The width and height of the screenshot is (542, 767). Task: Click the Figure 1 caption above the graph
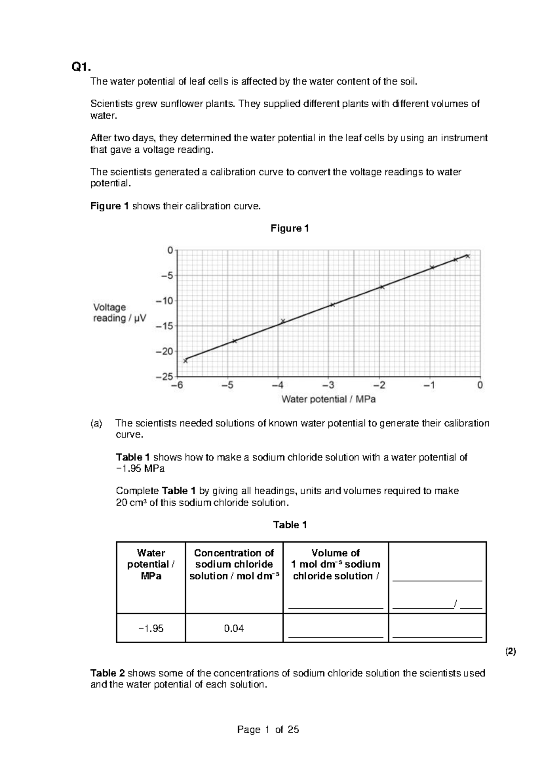[290, 228]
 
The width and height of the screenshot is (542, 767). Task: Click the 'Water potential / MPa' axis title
[328, 399]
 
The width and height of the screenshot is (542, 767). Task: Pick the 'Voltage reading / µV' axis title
[120, 313]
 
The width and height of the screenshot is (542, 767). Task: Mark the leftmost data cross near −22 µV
[185, 360]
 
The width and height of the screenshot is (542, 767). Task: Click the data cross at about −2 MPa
[382, 287]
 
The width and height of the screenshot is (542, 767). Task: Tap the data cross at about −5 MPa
[234, 341]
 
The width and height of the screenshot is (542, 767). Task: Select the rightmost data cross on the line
[468, 256]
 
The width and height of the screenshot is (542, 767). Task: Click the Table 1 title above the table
[290, 525]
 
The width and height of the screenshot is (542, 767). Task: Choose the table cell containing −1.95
[151, 628]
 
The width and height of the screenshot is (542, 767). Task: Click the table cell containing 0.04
[234, 628]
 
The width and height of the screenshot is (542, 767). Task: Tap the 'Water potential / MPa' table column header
[151, 564]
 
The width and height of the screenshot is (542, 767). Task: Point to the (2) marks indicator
[510, 652]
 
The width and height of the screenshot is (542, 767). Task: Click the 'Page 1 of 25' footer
[268, 729]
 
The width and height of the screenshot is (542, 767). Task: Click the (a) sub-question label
[96, 424]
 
